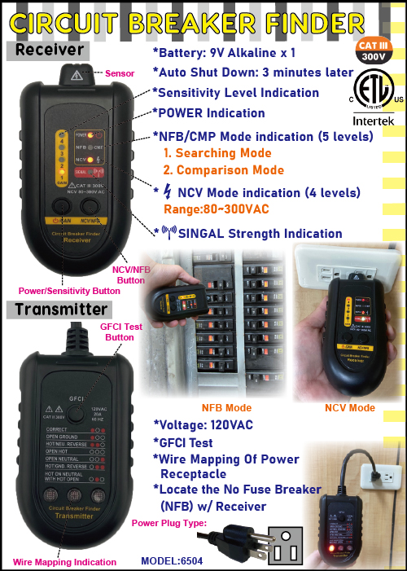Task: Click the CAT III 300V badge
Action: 372,51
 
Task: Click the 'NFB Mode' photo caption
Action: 226,407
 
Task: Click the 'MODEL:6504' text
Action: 172,561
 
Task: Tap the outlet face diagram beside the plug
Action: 290,540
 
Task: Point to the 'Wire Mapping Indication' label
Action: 64,561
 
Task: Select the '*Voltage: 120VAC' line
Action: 203,425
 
